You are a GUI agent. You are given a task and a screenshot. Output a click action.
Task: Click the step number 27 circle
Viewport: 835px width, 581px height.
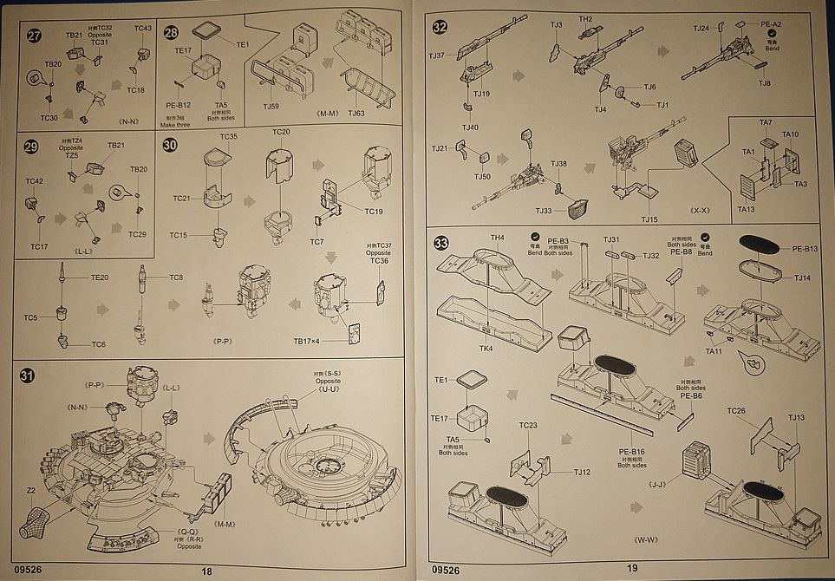pos(34,36)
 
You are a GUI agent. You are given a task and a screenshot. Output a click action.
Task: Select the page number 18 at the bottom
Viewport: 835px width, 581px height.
pos(206,571)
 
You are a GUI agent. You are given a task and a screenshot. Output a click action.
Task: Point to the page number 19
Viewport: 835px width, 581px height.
pos(631,569)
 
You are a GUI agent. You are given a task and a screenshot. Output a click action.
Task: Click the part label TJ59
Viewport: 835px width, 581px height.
pos(271,107)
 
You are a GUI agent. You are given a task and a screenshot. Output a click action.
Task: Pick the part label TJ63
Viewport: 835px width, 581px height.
pos(356,113)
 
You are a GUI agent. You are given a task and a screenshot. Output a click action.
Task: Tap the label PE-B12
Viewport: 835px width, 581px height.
pos(178,105)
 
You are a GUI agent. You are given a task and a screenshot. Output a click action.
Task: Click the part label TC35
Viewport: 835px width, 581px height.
pos(228,137)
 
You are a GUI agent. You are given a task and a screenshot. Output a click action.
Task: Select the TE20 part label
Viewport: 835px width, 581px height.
pos(100,277)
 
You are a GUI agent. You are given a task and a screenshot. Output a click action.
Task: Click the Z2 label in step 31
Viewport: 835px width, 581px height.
pos(31,490)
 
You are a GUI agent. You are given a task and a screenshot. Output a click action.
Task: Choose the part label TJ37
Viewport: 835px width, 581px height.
pos(437,56)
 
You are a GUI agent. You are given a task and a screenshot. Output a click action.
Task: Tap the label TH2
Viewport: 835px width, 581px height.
pos(585,19)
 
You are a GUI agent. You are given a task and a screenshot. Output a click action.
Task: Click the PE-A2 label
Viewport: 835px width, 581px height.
pos(772,24)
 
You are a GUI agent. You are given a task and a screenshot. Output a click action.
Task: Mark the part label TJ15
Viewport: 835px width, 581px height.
pos(649,219)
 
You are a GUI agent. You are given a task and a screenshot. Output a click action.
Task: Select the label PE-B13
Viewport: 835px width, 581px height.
pos(805,249)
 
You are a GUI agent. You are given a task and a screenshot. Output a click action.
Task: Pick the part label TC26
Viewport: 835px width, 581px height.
pos(736,410)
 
